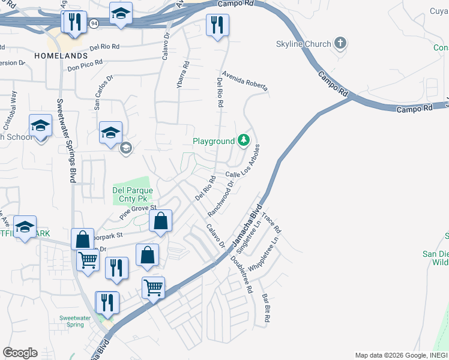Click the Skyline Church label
tap(303, 44)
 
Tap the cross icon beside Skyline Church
tap(340, 43)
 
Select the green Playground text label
tap(213, 142)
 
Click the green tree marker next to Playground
tap(243, 141)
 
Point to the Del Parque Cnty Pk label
tap(133, 194)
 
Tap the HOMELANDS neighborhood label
tap(61, 55)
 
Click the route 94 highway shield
tap(94, 23)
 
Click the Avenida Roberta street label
tap(244, 81)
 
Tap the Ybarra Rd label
tap(182, 75)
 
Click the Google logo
tap(20, 353)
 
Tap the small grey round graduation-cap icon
tap(125, 148)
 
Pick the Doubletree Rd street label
tap(241, 274)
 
